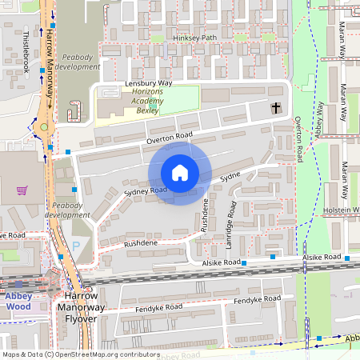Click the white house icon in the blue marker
click(180, 173)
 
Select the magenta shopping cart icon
click(22, 190)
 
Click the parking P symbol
click(77, 246)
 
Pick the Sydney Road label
click(145, 191)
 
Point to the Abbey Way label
click(320, 121)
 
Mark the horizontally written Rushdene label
click(140, 242)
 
